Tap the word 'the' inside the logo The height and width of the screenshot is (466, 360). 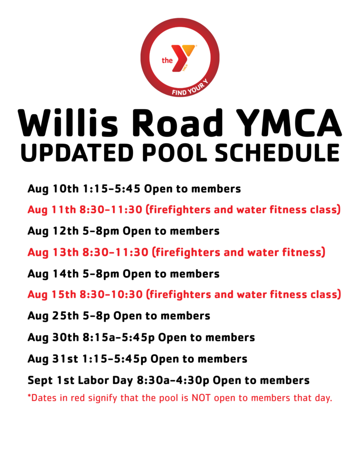167,61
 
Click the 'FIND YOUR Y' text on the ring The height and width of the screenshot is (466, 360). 190,88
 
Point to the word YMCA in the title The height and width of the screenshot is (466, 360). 289,123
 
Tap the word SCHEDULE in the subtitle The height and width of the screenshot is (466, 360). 277,153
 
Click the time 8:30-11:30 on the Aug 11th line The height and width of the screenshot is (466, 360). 111,209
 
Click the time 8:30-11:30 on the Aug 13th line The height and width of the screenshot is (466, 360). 115,252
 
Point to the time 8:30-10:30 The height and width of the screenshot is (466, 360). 111,294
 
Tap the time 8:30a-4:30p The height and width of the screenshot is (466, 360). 173,380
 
